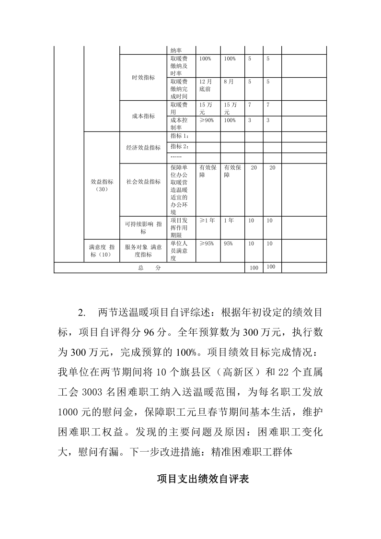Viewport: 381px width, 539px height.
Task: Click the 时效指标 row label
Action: (143, 78)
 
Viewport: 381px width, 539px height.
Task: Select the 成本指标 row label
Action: (143, 116)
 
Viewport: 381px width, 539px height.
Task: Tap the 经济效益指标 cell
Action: (143, 148)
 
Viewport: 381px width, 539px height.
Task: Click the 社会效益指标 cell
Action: (143, 182)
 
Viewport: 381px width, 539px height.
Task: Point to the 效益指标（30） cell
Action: (102, 185)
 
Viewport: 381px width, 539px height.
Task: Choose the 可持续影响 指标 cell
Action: (143, 227)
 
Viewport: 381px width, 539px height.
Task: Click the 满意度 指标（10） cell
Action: (102, 251)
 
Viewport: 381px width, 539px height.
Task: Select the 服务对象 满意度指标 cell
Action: (143, 251)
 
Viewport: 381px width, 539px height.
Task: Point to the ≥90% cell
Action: (207, 120)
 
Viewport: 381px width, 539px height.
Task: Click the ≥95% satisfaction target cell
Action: (207, 244)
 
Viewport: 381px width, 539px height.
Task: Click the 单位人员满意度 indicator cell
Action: (181, 251)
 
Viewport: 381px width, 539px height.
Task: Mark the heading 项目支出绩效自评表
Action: (203, 479)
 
